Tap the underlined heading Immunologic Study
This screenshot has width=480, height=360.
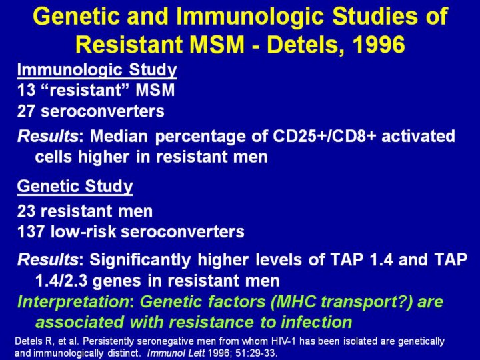[97, 70]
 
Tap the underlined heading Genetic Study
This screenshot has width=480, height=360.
[75, 187]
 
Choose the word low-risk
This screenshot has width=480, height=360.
[83, 232]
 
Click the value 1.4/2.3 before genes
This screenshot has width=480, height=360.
[61, 281]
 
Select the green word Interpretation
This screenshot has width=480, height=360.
[73, 302]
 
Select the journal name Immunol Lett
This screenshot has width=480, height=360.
[176, 353]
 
